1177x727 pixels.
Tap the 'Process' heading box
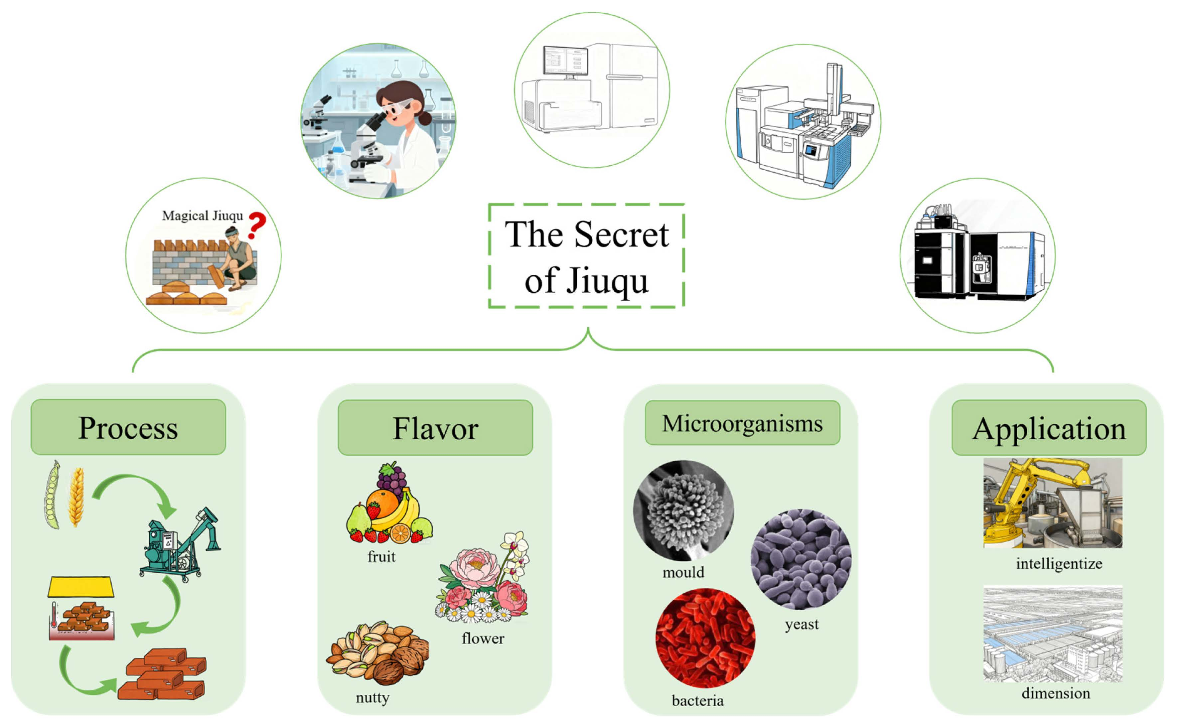128,427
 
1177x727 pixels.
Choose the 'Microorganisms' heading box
742,423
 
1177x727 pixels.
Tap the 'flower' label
483,638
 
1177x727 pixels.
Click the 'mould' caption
683,572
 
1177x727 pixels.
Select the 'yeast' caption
802,624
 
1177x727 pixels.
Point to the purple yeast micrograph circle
801,559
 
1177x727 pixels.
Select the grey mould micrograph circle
683,510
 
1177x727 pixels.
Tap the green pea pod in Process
52,495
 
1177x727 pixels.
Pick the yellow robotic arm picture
1053,503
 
